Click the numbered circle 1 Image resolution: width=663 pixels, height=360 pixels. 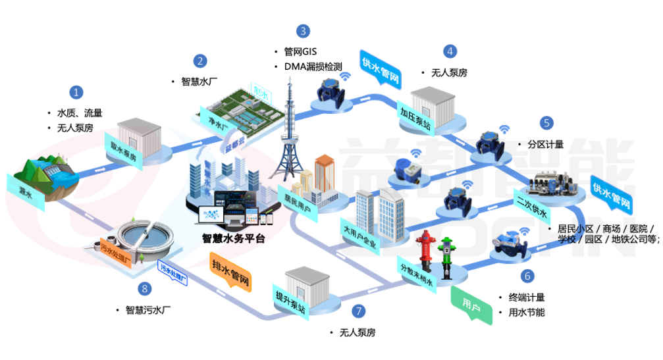click(78, 92)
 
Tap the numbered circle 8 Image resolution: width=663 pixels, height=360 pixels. click(145, 288)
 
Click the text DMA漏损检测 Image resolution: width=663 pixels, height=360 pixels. click(313, 66)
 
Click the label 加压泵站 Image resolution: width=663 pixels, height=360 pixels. click(416, 119)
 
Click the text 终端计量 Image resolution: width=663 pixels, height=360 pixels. click(527, 297)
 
